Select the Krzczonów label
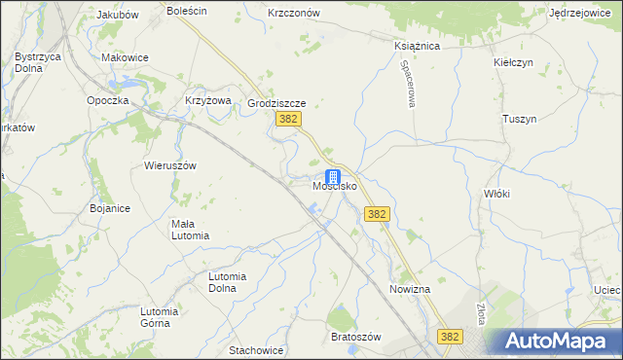294,13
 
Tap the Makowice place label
125,57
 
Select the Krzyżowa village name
207,100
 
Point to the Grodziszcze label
277,102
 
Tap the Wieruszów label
170,165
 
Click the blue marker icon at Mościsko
334,177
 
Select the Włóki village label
496,194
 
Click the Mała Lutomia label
190,230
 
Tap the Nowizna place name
410,290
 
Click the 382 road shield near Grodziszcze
287,119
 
